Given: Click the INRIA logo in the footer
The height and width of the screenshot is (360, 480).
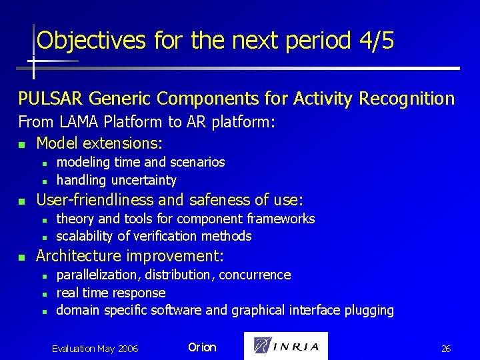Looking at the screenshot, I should [286, 346].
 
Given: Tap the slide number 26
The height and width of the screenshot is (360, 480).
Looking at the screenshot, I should [446, 349].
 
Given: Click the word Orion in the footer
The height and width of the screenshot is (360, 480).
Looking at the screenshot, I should [202, 347].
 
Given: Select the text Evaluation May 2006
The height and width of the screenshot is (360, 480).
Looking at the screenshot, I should [95, 349].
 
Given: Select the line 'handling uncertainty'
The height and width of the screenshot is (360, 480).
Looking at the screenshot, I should [116, 180].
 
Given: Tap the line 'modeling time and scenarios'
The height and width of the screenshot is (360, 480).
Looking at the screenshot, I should [140, 162].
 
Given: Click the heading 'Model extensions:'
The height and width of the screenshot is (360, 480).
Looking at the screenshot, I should [99, 143].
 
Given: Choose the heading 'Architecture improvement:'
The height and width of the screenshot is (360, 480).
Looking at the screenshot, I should [129, 256].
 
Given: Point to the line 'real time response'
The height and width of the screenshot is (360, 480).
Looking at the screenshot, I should [111, 293].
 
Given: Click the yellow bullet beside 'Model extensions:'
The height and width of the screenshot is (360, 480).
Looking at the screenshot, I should [22, 144].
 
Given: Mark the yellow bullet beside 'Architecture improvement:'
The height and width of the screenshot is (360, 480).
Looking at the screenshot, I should [22, 257].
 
